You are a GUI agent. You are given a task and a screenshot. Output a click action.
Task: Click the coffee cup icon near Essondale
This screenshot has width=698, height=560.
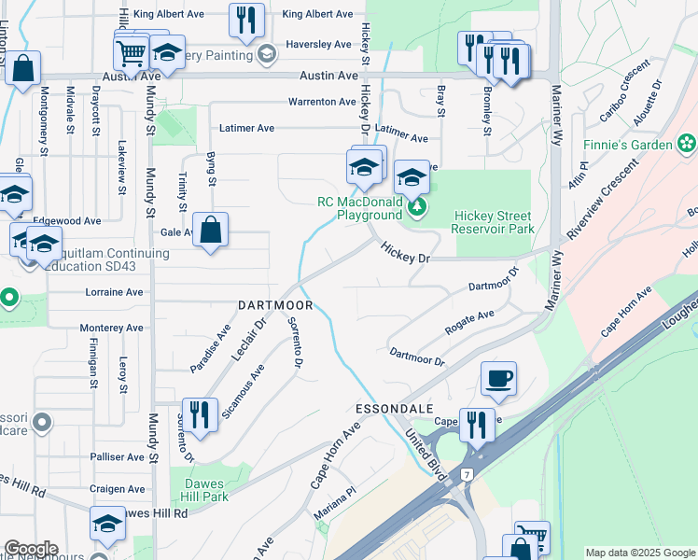point(498,379)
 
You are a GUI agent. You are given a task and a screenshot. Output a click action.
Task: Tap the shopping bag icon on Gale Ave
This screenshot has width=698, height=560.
point(211,230)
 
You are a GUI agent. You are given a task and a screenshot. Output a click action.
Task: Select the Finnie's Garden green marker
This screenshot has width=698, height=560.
point(688,144)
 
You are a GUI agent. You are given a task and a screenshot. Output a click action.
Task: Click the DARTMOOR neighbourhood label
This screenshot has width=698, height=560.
point(275,305)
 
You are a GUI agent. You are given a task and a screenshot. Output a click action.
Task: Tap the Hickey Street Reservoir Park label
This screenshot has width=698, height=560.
point(493,222)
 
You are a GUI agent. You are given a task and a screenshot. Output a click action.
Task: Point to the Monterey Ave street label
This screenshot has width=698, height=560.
point(112,328)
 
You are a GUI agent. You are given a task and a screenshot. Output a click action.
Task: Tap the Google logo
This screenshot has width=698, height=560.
point(30,550)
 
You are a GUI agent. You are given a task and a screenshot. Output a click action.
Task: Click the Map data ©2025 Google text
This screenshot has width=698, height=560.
point(639,553)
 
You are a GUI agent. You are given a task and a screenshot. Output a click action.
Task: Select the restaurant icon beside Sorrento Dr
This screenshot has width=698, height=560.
point(200,413)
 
